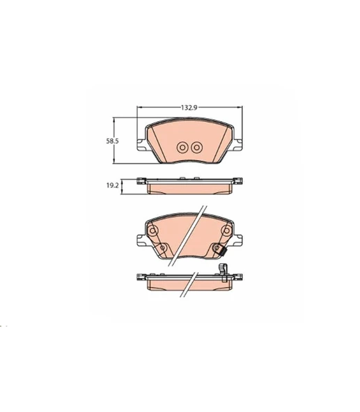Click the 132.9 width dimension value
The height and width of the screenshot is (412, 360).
tap(189, 107)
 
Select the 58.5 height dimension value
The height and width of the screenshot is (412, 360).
tap(112, 141)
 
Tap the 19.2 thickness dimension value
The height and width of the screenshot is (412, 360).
tap(112, 186)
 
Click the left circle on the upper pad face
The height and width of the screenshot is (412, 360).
tap(182, 148)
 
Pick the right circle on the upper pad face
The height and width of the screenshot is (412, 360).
tap(196, 148)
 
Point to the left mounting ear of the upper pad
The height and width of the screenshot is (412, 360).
tap(141, 145)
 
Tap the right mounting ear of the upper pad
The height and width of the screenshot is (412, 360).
tap(237, 145)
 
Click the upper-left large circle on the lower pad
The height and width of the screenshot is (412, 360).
tap(152, 230)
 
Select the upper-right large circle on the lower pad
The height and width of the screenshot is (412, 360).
tap(227, 230)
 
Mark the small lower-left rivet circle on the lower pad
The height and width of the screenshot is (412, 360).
tap(162, 248)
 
